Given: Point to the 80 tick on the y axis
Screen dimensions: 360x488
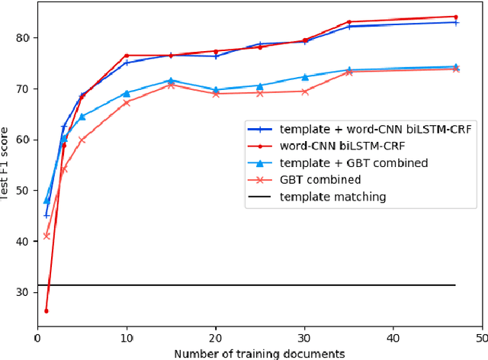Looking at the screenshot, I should (x=24, y=37).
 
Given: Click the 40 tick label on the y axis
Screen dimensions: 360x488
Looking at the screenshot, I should (x=24, y=242).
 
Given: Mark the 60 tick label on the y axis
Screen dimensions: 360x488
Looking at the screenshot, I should (x=24, y=140).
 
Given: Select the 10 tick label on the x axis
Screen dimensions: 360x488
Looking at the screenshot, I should (x=127, y=337).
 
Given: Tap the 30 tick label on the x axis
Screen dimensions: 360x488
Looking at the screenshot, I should (x=305, y=337).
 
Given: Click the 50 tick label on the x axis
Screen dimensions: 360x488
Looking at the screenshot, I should (x=482, y=337).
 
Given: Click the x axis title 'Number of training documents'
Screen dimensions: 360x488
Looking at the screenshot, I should (x=259, y=353).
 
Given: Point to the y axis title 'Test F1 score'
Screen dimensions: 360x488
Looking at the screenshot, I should (x=5, y=164).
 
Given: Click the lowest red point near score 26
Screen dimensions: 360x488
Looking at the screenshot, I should (x=47, y=311).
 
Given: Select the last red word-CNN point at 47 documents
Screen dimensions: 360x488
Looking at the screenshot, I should (x=456, y=17).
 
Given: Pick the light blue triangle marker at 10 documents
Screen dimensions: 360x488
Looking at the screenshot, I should (x=127, y=93).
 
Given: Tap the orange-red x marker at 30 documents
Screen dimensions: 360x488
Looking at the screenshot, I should (x=305, y=92).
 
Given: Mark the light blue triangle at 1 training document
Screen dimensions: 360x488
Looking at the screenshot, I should (x=47, y=200).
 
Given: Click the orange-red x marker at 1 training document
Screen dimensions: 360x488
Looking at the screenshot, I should (x=47, y=236).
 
